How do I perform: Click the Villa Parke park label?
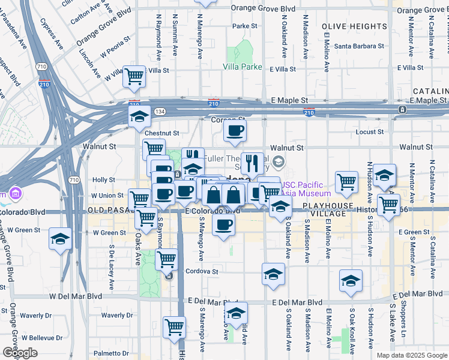[243, 67]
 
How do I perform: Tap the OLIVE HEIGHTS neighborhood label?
[354, 27]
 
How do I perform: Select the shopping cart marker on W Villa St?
[134, 76]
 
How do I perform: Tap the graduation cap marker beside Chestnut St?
[139, 116]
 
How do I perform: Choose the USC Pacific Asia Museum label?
[311, 189]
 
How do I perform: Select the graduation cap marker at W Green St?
[61, 239]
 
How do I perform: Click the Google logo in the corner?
[20, 352]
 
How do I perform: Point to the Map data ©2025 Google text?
[411, 355]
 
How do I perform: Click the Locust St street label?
[370, 132]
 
